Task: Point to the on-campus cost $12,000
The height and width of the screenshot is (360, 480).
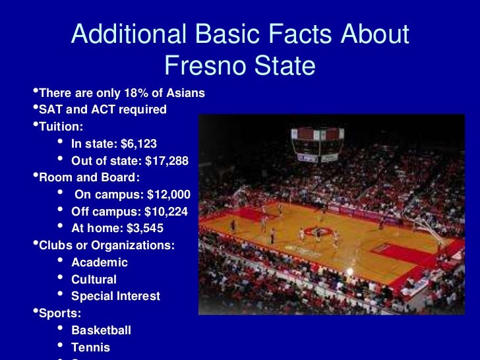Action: click(168, 195)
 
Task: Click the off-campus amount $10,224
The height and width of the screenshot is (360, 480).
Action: click(164, 212)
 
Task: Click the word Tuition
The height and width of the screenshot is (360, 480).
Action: click(61, 126)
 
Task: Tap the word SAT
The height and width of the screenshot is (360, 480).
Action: click(51, 109)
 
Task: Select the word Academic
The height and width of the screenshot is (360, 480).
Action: click(100, 262)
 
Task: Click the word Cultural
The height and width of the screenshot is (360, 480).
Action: click(94, 280)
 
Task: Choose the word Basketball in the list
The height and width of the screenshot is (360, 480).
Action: click(101, 330)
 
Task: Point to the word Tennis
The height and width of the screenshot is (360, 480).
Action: click(90, 347)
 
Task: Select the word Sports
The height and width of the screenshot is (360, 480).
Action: click(59, 313)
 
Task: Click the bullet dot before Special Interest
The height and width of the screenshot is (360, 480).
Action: click(61, 295)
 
